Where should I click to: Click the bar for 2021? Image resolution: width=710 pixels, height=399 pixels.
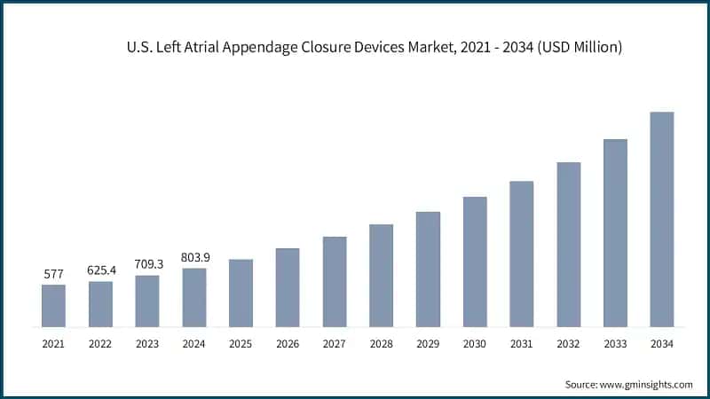(x=53, y=306)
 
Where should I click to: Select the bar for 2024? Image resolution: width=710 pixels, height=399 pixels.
(x=193, y=298)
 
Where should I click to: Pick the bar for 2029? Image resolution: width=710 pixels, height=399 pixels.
(x=428, y=270)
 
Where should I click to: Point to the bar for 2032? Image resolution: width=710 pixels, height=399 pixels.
(x=568, y=245)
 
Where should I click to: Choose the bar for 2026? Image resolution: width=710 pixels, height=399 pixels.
(x=288, y=287)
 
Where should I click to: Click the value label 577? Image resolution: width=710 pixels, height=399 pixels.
(x=53, y=275)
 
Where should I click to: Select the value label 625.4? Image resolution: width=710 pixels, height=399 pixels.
(x=100, y=270)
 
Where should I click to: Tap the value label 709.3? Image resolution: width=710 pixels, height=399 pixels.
(x=147, y=264)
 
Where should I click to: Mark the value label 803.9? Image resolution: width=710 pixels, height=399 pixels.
(x=193, y=257)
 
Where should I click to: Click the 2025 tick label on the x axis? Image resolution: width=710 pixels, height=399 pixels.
(x=241, y=343)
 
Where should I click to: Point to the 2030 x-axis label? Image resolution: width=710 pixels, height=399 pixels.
(x=475, y=343)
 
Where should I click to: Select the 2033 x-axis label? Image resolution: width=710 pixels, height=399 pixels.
(x=615, y=343)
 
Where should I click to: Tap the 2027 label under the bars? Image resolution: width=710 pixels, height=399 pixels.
(x=335, y=343)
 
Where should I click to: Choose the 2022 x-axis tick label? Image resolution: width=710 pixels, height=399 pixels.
(x=100, y=343)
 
